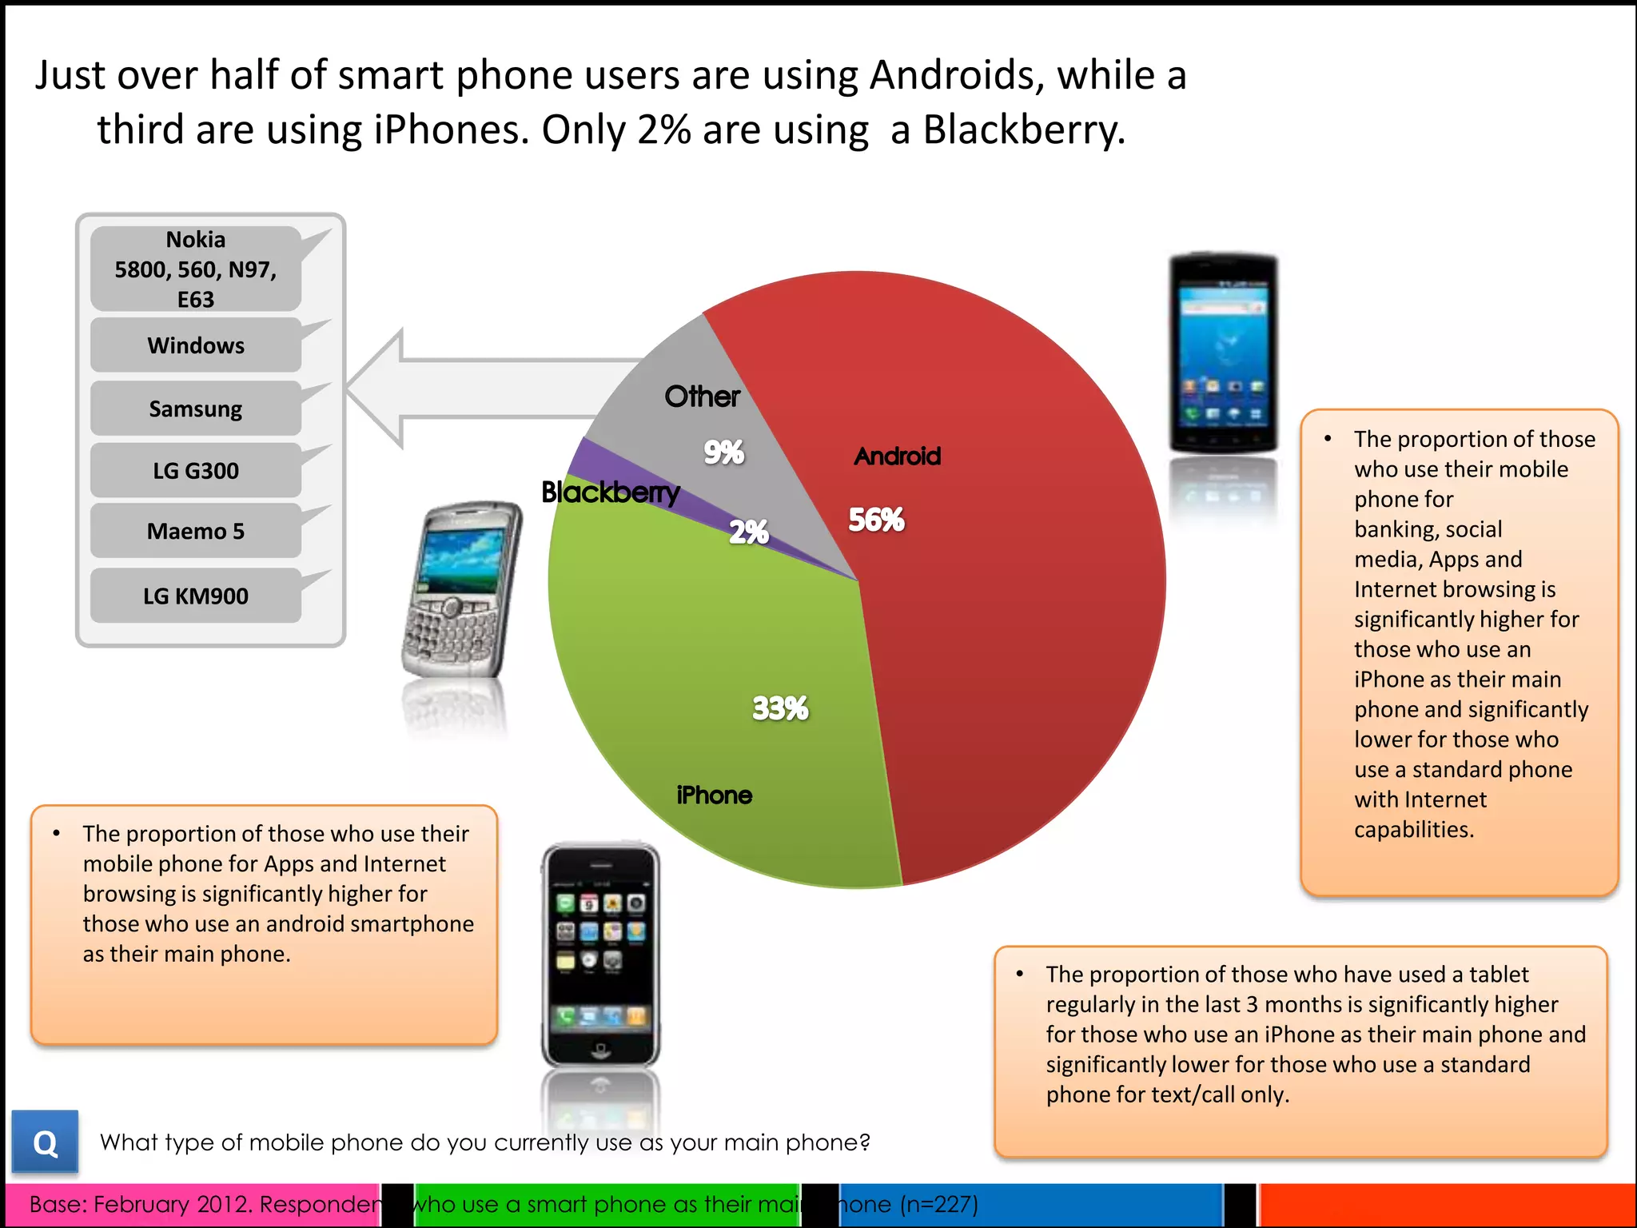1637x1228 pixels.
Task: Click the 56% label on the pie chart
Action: (x=876, y=520)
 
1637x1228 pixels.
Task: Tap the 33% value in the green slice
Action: (x=780, y=708)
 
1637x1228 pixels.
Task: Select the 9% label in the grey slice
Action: (x=723, y=453)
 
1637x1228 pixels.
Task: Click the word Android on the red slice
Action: (x=898, y=457)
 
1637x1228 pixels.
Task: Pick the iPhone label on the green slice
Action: (x=714, y=795)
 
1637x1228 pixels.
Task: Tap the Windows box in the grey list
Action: (x=196, y=345)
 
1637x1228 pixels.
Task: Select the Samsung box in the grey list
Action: (x=196, y=409)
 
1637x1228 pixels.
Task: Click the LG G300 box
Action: (x=196, y=471)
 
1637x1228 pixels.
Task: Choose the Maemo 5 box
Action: (x=196, y=532)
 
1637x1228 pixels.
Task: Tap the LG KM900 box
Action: (x=196, y=596)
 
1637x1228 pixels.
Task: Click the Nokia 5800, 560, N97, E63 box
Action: (x=196, y=269)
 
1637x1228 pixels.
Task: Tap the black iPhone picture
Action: (x=600, y=955)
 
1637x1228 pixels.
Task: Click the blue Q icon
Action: (x=45, y=1142)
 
